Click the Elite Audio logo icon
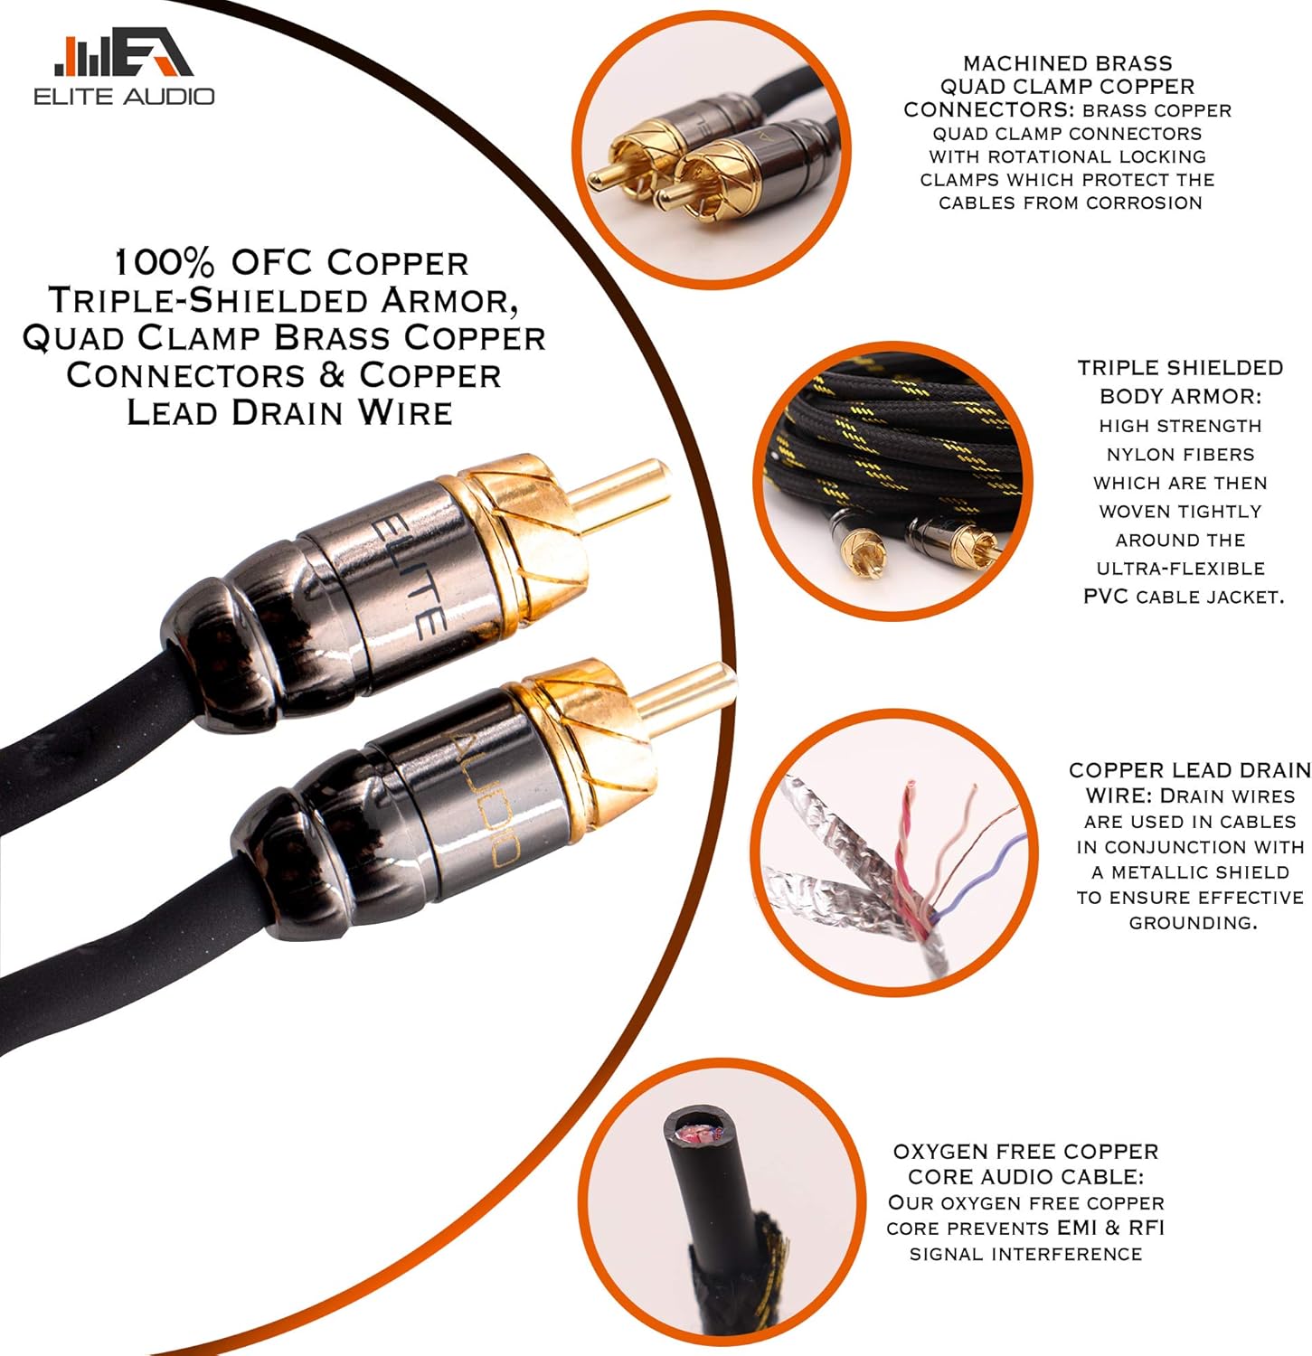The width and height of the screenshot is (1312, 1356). pos(123,56)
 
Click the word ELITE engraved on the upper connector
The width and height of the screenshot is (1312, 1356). pos(409,576)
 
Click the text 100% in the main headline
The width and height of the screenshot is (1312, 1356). pos(164,263)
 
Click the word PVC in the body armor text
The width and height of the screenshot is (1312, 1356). pos(1106,597)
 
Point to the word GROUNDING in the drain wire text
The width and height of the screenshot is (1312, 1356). pos(1193,923)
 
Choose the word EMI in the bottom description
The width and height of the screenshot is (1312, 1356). pos(1076,1229)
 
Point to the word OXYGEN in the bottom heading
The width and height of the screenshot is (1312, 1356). pos(938,1153)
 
